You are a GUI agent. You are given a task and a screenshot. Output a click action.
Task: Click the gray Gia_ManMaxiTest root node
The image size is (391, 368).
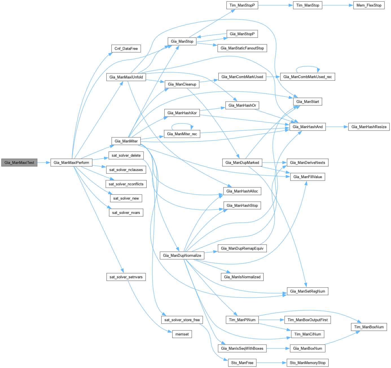[19, 163]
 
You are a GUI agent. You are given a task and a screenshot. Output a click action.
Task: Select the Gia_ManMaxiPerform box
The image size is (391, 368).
[71, 163]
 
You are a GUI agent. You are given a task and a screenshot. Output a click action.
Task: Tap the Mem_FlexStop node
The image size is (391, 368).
[369, 5]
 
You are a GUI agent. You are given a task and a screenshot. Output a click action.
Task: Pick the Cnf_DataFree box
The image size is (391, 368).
[126, 49]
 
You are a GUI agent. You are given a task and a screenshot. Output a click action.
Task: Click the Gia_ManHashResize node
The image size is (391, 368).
[369, 127]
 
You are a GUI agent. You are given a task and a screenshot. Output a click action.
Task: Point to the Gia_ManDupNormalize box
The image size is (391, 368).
[182, 256]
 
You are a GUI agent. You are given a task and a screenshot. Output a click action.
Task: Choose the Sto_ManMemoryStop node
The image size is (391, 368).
[307, 363]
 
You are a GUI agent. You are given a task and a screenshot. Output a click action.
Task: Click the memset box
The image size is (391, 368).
[182, 334]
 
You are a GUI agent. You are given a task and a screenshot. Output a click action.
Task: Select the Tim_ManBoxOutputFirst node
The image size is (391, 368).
[307, 320]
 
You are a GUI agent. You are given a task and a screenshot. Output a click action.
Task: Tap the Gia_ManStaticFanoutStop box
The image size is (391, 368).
[242, 48]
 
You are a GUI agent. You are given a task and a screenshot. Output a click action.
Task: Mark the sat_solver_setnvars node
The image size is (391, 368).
[126, 277]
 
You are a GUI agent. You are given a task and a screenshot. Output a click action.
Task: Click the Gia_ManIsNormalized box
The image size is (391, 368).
[242, 277]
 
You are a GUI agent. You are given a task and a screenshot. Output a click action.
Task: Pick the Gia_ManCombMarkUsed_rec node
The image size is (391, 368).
[307, 77]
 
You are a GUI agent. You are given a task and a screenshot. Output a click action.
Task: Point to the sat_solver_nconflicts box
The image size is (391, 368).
[126, 184]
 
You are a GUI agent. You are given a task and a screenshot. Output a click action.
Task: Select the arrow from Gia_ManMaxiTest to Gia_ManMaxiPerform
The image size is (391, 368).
[44, 163]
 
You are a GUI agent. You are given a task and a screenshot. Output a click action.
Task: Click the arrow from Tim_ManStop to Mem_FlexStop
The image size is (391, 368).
[337, 5]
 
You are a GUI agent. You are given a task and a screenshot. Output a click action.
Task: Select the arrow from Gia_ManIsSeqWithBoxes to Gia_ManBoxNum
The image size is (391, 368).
[278, 349]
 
